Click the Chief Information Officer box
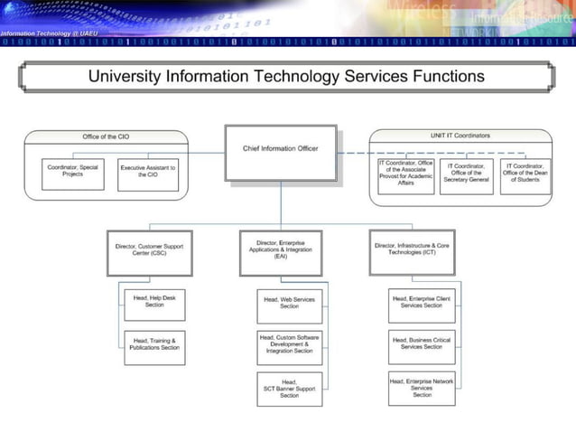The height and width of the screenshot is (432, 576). [281, 149]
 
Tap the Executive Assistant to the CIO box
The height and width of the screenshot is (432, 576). [148, 173]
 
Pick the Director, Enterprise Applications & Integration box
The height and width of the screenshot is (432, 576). [281, 251]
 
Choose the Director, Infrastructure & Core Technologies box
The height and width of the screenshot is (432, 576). [412, 251]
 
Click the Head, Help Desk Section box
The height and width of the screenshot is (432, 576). [154, 304]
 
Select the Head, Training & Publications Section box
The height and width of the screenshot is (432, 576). [154, 347]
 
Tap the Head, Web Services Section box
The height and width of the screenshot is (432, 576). [289, 305]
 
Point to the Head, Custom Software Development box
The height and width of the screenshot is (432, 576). [289, 347]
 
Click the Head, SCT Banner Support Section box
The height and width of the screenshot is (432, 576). [289, 389]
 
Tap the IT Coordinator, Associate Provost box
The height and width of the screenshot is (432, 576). [407, 175]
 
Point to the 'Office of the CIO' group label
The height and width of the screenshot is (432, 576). [106, 136]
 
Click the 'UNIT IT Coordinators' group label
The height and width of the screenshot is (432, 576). [460, 136]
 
